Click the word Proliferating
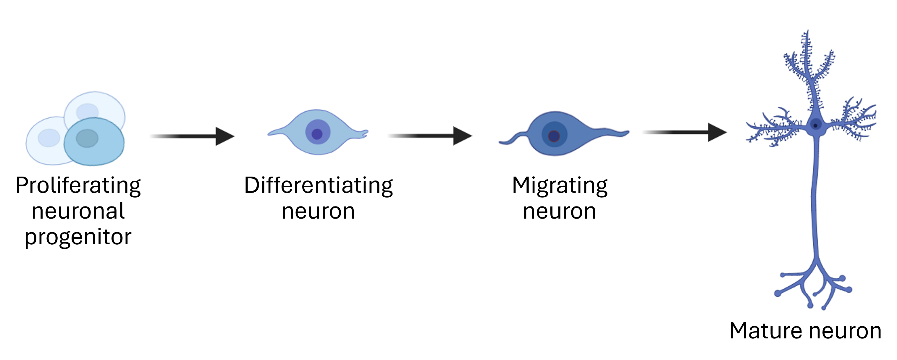[x=78, y=185]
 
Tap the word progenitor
[x=78, y=238]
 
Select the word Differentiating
[x=318, y=185]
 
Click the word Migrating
[x=560, y=185]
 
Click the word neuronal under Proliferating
[x=78, y=211]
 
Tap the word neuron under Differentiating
[x=318, y=211]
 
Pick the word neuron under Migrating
[x=560, y=211]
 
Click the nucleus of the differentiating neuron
[x=317, y=134]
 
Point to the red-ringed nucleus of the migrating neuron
[x=554, y=136]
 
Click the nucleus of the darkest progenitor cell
[x=87, y=138]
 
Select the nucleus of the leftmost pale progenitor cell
[x=49, y=138]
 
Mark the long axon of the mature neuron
[x=815, y=202]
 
